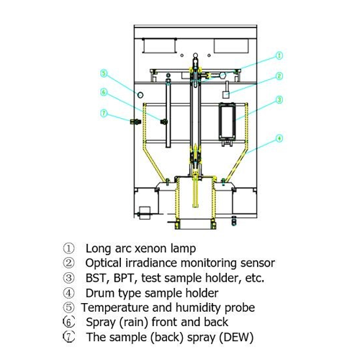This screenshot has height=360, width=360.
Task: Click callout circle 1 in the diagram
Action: [279, 55]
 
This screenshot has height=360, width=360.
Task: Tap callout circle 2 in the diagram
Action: [279, 76]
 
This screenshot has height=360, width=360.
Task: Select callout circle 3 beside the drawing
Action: [279, 99]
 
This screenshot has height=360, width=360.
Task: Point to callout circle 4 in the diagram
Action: [279, 138]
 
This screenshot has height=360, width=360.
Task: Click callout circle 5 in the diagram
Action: [104, 73]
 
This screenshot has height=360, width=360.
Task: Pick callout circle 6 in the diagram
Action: [104, 92]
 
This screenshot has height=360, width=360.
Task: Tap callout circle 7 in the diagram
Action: [104, 113]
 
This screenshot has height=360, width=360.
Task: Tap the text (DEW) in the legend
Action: [236, 338]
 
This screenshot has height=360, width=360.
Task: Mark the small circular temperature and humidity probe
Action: [140, 95]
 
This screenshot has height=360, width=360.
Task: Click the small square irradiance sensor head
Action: [226, 94]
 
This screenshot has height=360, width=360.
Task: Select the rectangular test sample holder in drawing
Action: [227, 121]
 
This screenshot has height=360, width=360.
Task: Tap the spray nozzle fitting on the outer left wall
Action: [135, 122]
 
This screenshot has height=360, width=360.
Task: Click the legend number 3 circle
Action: [68, 278]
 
